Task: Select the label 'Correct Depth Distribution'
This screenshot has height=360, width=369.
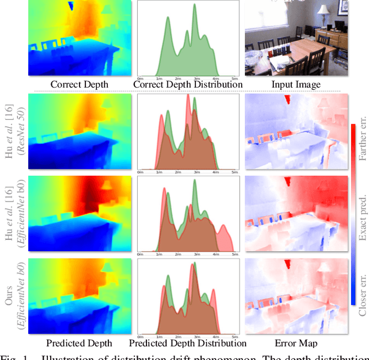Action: tap(188, 84)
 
